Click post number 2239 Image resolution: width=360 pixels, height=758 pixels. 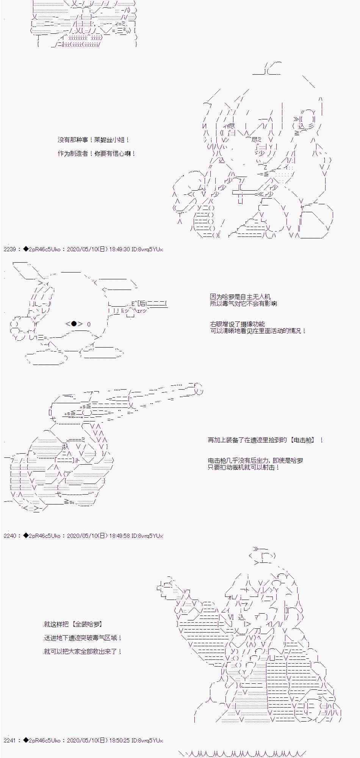pos(10,249)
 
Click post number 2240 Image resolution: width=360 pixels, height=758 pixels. pos(10,536)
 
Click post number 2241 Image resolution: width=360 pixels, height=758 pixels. pos(10,740)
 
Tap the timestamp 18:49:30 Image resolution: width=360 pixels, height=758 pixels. pos(119,249)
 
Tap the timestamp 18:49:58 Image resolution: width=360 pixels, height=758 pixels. pos(119,536)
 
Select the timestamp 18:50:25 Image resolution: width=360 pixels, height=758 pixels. pos(119,740)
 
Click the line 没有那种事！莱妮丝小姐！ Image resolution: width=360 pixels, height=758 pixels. pos(94,140)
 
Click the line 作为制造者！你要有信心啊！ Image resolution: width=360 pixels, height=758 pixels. pos(97,153)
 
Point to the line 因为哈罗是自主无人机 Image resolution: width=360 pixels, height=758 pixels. pos(240,297)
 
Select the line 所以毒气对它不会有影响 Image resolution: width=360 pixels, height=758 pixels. pos(243,304)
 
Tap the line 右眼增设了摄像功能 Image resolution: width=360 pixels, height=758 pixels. pos(237,324)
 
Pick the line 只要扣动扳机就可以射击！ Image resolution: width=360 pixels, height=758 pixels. pos(244,467)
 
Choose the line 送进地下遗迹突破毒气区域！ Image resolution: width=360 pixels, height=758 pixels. pos(83,638)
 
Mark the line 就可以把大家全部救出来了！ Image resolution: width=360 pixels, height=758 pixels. pos(83,652)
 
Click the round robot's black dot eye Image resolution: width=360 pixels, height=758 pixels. pos(74,324)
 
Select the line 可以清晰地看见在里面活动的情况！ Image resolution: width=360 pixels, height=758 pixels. pos(258,331)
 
